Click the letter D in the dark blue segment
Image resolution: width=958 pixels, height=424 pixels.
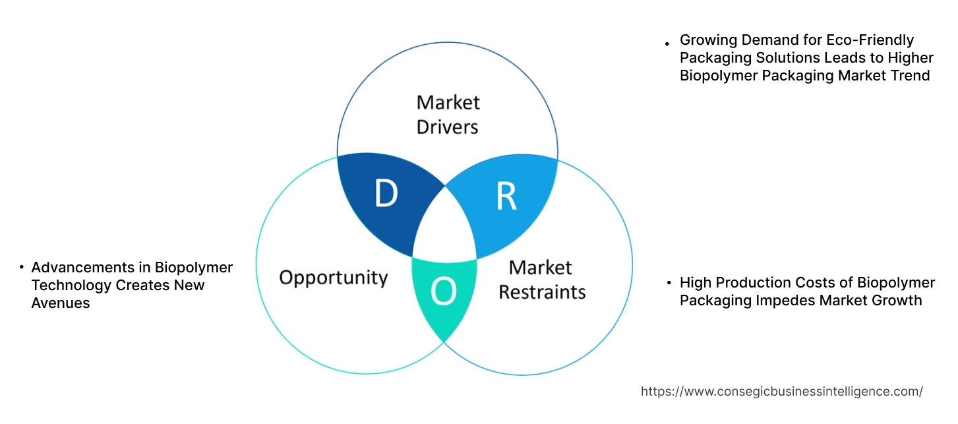386,193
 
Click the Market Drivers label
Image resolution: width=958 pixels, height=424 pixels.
448,114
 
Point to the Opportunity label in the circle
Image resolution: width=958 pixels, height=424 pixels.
333,277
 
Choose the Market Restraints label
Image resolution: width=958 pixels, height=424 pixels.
541,279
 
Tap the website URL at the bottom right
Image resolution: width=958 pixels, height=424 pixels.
781,391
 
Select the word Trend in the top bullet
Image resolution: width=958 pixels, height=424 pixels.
909,76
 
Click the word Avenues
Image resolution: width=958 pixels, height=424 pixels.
60,303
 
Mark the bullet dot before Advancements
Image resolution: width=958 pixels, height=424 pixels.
22,268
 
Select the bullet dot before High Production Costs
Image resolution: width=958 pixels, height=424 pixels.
670,283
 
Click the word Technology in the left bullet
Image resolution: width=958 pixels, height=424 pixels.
71,286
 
